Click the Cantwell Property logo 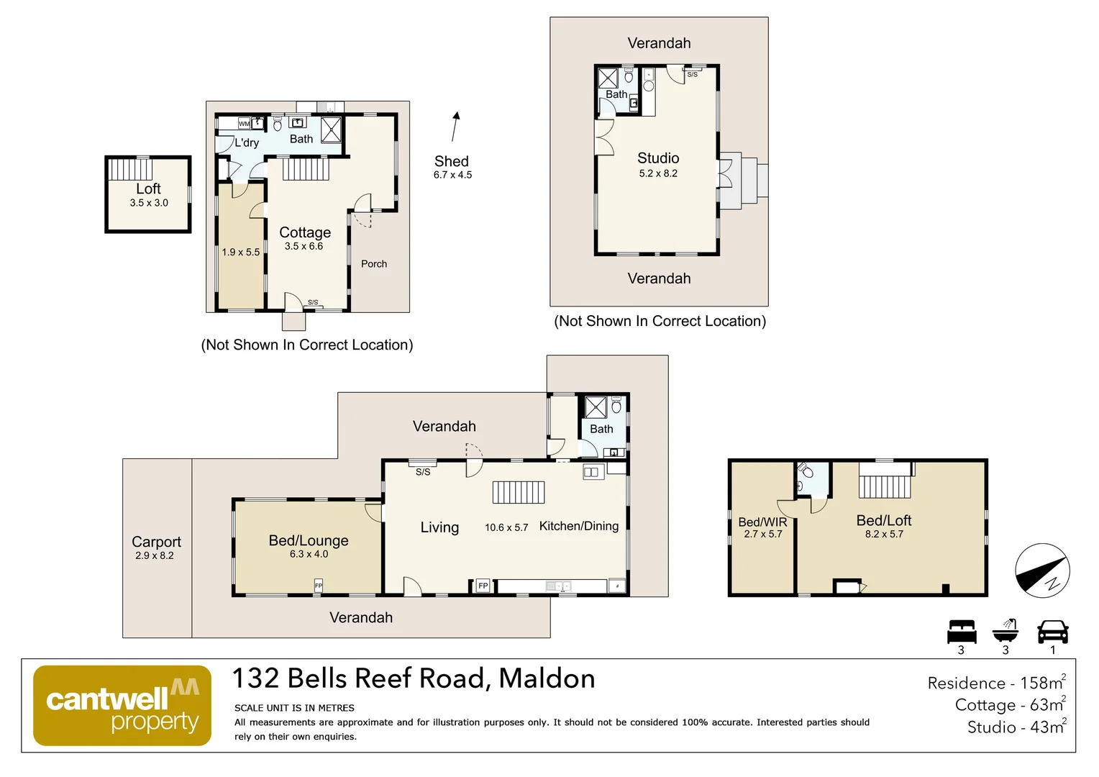click(122, 705)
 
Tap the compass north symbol click(1042, 571)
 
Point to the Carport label click(156, 542)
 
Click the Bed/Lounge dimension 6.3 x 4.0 click(309, 554)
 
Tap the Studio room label click(658, 158)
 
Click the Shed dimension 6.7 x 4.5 click(452, 175)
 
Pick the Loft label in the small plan click(149, 188)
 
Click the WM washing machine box click(245, 124)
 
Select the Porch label click(374, 264)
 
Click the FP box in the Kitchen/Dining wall click(483, 586)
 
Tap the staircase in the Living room click(519, 492)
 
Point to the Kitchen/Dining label click(579, 526)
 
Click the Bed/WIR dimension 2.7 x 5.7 click(762, 534)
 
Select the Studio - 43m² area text click(1016, 727)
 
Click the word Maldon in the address click(547, 678)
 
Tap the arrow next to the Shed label click(455, 127)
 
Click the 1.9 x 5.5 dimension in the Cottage click(241, 253)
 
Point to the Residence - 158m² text click(996, 683)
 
